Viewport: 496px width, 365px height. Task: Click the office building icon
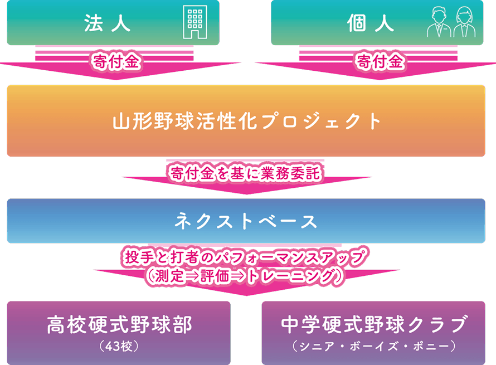tap(195, 22)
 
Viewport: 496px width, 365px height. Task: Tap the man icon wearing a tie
tap(439, 23)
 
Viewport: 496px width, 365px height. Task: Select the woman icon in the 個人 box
tap(464, 23)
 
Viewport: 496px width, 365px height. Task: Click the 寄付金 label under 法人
tap(116, 61)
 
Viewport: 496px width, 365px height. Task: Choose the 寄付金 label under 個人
tap(380, 61)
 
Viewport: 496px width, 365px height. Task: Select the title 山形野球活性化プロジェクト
tap(247, 121)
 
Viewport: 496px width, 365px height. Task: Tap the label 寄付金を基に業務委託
tap(245, 173)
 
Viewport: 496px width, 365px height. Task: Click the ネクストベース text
tap(246, 221)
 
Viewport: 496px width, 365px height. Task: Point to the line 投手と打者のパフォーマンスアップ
tap(245, 256)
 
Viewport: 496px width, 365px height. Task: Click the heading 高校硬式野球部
tap(119, 325)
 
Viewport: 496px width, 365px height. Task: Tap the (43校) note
tap(119, 347)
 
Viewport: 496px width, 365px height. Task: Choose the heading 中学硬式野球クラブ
tap(373, 325)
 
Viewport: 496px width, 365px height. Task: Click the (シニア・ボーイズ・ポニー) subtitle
tap(373, 347)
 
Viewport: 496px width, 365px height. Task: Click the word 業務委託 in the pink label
tap(290, 173)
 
